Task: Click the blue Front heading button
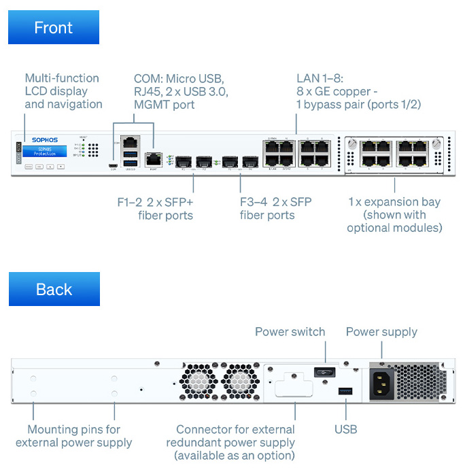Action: tap(54, 28)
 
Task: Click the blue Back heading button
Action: tap(54, 289)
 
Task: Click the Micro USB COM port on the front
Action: tap(113, 165)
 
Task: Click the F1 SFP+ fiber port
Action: tap(183, 163)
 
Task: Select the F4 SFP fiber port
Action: tap(250, 163)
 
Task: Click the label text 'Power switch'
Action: tap(290, 332)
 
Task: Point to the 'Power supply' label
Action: tap(381, 332)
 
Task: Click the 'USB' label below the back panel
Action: tap(345, 429)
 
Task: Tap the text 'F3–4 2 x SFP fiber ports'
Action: tap(275, 208)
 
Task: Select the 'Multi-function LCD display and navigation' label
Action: tap(63, 91)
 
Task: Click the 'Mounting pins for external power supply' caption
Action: tap(73, 436)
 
